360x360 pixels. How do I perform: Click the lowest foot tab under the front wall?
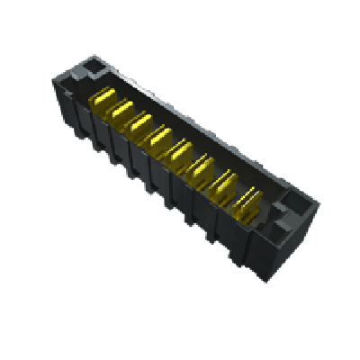[236, 261]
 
